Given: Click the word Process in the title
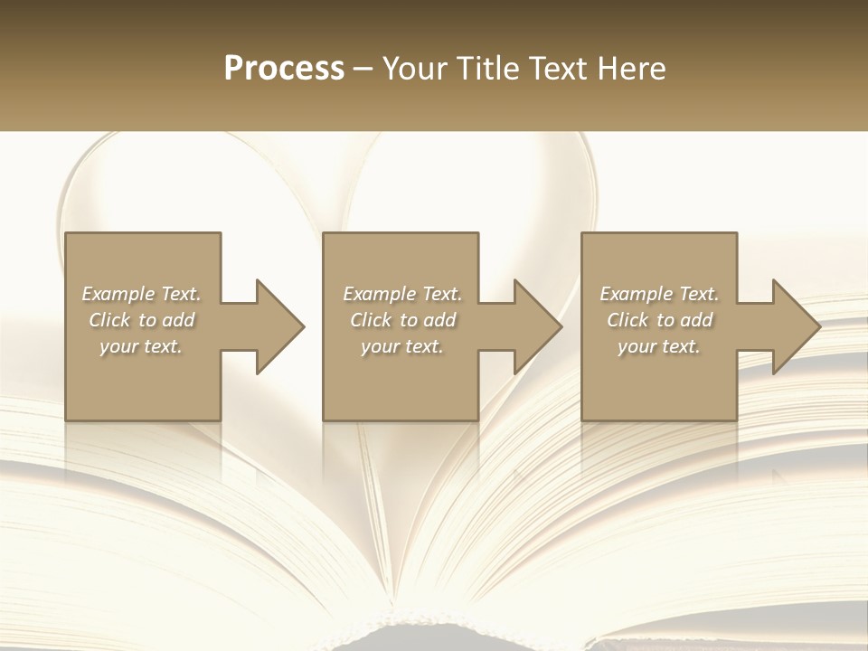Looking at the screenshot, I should (x=284, y=69).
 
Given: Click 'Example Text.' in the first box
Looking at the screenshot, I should (x=141, y=294).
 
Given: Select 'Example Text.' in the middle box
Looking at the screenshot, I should (x=401, y=294).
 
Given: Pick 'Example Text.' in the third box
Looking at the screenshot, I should (x=659, y=294).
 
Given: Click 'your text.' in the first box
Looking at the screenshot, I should (x=141, y=346).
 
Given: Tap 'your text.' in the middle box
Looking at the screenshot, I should (x=401, y=346).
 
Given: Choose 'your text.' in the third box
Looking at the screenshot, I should (x=659, y=346).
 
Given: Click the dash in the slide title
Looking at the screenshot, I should (x=363, y=69).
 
